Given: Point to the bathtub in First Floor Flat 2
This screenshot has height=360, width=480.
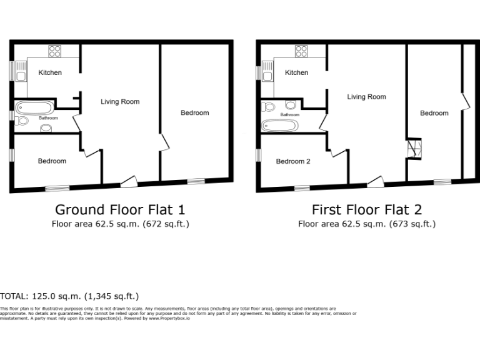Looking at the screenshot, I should (279, 126).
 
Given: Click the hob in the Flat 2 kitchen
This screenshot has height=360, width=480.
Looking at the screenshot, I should (301, 52).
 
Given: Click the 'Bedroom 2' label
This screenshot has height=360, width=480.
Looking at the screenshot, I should (293, 161).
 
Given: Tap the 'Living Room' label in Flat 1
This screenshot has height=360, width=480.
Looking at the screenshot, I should (120, 101).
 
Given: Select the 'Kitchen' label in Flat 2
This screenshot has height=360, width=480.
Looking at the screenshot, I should (296, 72).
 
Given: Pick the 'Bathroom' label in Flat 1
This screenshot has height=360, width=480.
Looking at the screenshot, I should (48, 117).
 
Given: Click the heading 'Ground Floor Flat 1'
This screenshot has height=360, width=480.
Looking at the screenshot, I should (120, 209).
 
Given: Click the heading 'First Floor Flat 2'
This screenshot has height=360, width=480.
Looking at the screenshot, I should (367, 209).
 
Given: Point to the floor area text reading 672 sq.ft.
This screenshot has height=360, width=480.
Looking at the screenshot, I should (166, 224).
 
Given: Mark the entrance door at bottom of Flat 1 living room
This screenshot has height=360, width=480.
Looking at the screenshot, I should (129, 181).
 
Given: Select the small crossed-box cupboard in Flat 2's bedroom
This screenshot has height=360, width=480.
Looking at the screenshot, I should (413, 149).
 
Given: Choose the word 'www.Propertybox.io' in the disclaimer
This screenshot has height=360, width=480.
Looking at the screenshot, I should (170, 318).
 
